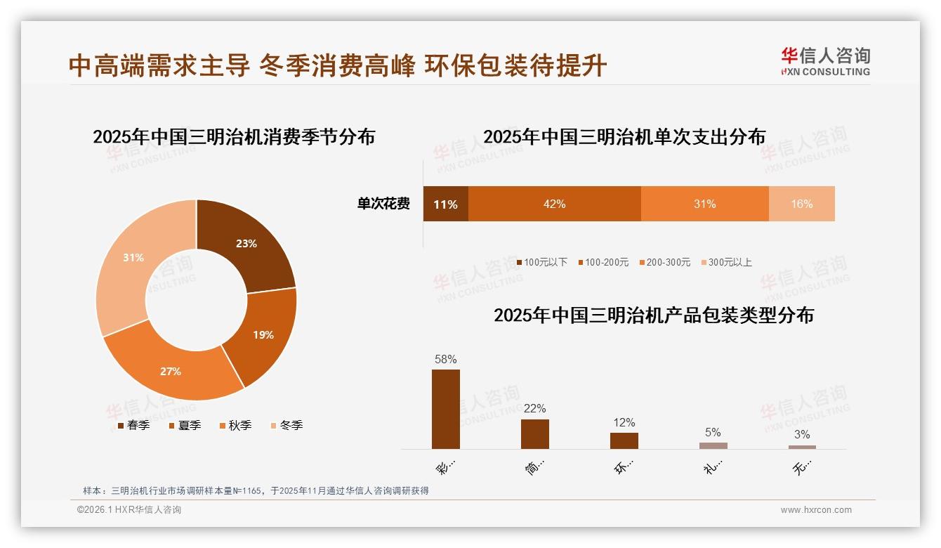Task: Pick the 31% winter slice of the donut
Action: click(x=133, y=258)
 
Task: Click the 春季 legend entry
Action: click(x=133, y=425)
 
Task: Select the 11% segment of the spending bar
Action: click(x=445, y=204)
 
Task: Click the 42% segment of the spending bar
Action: click(x=554, y=204)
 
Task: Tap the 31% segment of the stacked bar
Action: click(x=704, y=204)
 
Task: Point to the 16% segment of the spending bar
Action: click(x=801, y=204)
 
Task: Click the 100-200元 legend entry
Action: click(x=603, y=262)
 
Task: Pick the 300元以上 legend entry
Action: click(x=726, y=262)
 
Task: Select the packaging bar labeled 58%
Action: click(x=445, y=409)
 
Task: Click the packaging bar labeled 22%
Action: click(x=534, y=433)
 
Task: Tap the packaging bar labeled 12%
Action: click(x=624, y=441)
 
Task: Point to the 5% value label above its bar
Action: click(x=713, y=433)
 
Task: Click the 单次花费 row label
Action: click(x=383, y=204)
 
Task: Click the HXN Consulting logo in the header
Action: click(x=825, y=62)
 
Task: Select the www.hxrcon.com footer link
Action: click(x=816, y=510)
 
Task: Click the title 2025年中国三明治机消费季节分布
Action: click(x=234, y=136)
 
